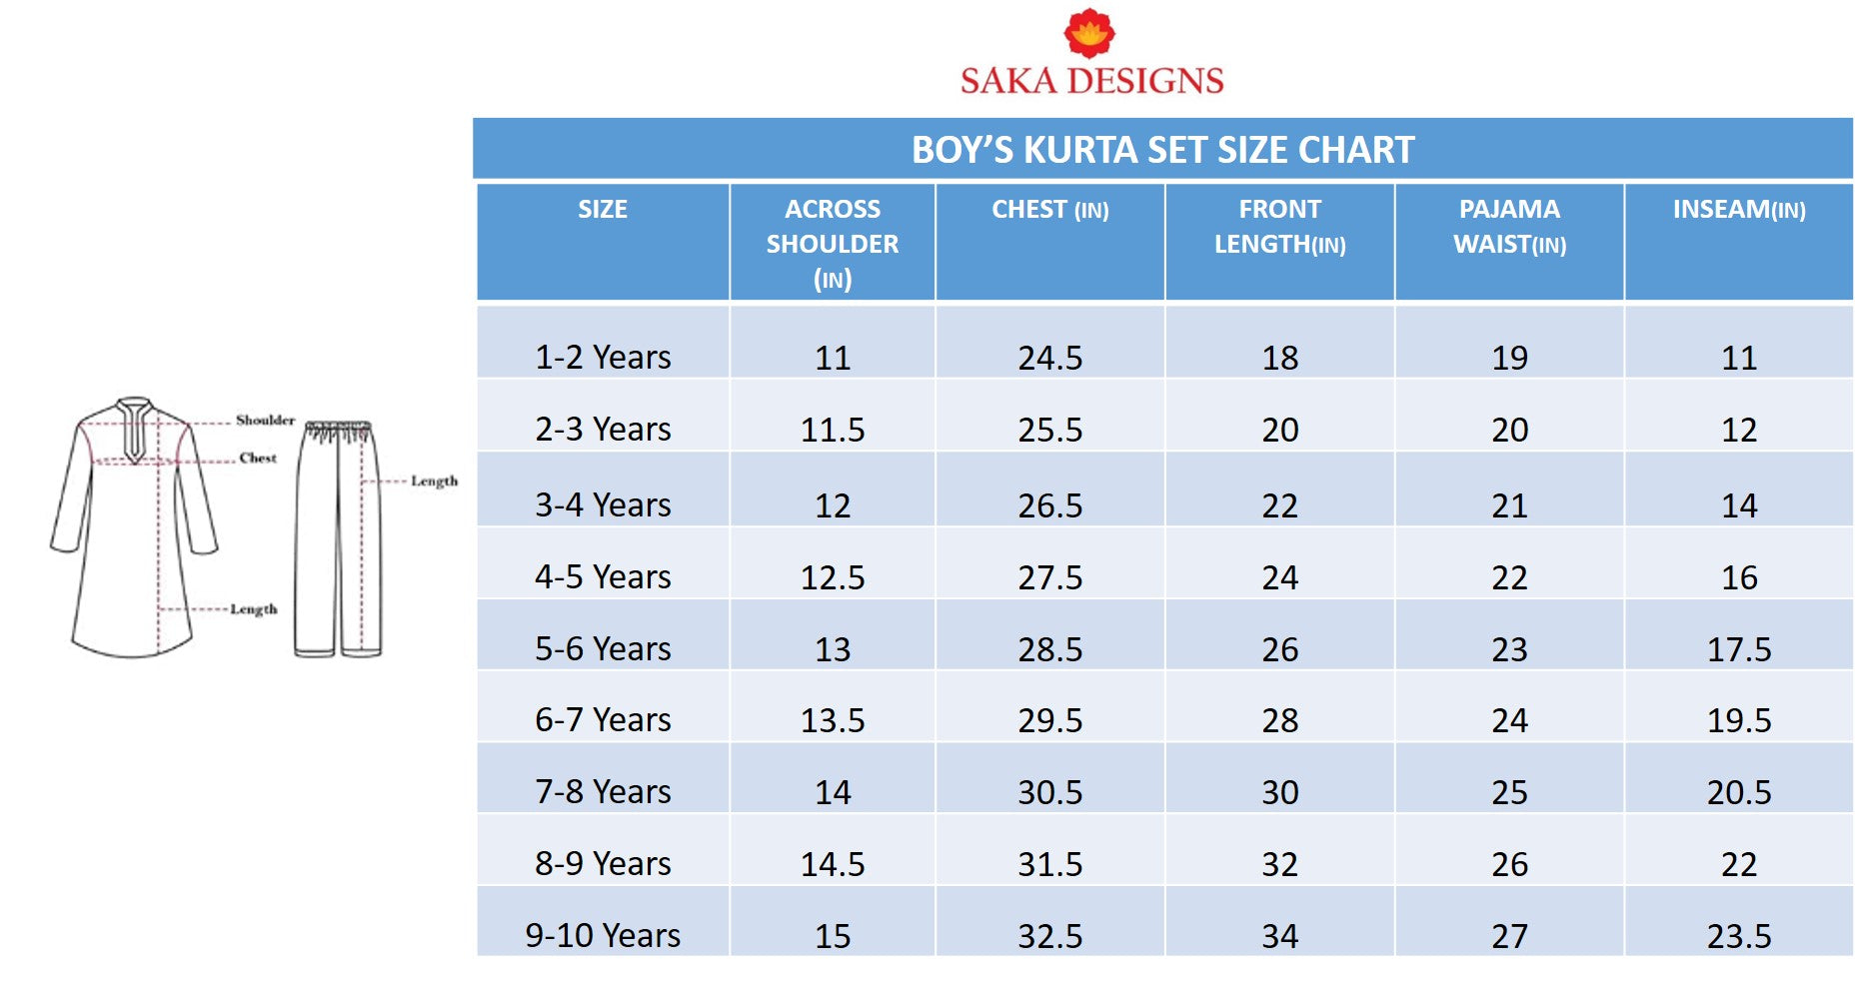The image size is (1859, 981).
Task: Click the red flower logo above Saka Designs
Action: click(x=1089, y=32)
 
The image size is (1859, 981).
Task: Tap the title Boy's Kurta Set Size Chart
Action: click(x=1162, y=150)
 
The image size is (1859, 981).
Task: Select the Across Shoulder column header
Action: click(x=832, y=243)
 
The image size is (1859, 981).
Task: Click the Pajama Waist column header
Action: click(x=1509, y=227)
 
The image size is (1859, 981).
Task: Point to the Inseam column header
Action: click(x=1739, y=210)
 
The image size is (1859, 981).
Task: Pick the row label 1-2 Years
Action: click(x=603, y=358)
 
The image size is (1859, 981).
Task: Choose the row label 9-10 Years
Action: click(x=603, y=936)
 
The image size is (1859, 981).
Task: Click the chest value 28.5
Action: click(x=1049, y=649)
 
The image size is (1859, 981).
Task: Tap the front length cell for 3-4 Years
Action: click(x=1279, y=505)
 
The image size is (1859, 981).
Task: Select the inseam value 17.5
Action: click(x=1739, y=649)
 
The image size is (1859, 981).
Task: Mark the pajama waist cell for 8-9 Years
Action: click(x=1509, y=864)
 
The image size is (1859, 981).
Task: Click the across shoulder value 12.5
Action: click(x=832, y=577)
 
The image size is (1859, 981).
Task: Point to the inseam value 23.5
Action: click(x=1739, y=936)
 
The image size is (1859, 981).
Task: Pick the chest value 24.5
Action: click(x=1049, y=358)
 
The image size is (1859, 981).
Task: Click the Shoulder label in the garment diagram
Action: click(x=265, y=420)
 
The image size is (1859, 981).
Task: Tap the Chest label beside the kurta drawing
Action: click(x=258, y=458)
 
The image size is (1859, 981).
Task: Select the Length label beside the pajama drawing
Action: click(x=434, y=481)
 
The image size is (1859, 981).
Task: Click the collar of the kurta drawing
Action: click(x=134, y=410)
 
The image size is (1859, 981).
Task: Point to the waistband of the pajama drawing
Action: click(x=339, y=429)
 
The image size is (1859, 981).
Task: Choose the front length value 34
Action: click(x=1279, y=936)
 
